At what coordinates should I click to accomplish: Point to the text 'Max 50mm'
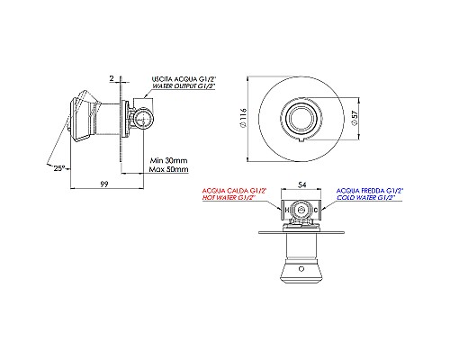(x=169, y=168)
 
